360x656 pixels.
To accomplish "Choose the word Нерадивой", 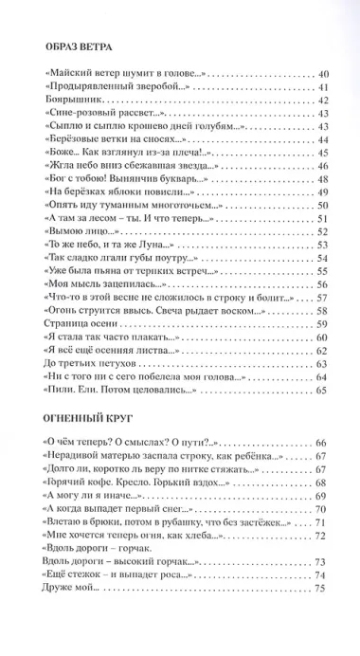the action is click(x=80, y=457).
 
